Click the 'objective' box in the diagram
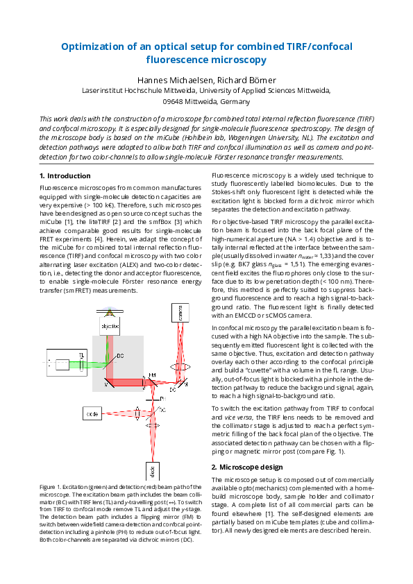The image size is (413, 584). click(x=110, y=325)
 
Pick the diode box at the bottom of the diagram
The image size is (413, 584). click(x=151, y=472)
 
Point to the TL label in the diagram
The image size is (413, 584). click(x=83, y=354)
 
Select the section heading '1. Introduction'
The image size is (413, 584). click(x=65, y=176)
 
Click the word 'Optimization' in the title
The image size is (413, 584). click(x=94, y=46)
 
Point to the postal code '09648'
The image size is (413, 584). click(x=174, y=101)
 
